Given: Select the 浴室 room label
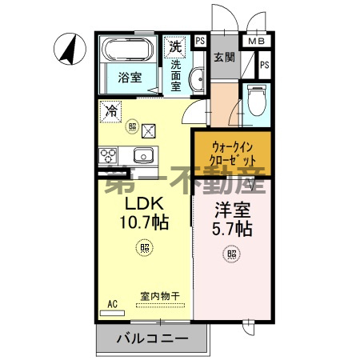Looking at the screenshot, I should point(130,79).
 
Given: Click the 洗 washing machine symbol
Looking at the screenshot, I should point(175,46).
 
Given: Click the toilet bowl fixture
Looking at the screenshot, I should point(256,99).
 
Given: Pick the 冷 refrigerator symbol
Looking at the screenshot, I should point(111,111).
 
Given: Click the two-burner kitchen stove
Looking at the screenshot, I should point(109,154).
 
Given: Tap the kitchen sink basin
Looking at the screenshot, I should point(144,154).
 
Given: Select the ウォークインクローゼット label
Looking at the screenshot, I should point(233,152).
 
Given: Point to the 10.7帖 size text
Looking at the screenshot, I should point(144,223).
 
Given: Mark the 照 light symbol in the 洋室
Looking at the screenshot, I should point(231,254).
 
